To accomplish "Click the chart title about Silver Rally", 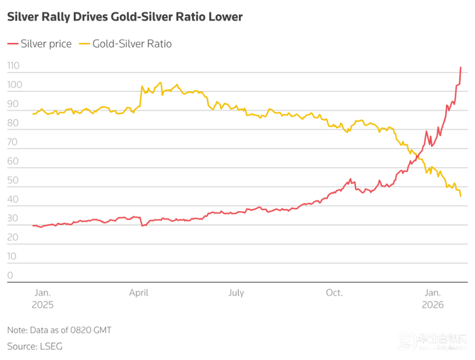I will (125, 16).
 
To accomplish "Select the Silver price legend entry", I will (46, 43).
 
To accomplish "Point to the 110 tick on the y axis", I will (14, 66).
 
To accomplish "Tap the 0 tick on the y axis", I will (10, 275).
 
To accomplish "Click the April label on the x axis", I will (138, 293).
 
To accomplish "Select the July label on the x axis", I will (235, 293).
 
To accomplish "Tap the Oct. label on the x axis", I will (334, 293).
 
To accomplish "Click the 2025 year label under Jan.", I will (42, 306).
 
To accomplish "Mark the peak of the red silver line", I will (461, 67).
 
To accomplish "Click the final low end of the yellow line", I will (461, 196).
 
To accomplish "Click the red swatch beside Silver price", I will (13, 43).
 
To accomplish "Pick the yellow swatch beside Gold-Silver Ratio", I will (84, 43).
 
